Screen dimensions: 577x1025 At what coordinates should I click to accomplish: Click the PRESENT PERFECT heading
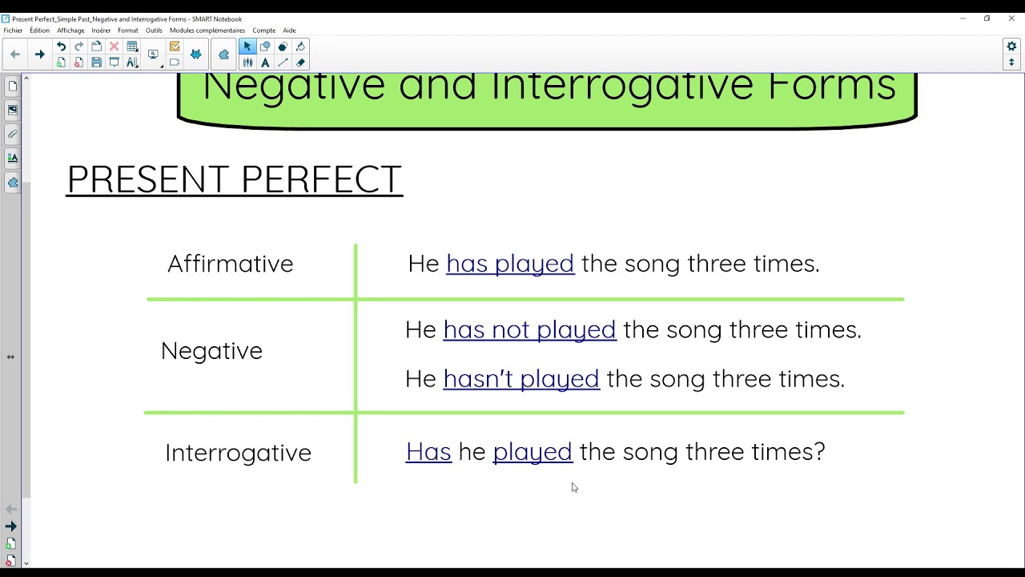234,180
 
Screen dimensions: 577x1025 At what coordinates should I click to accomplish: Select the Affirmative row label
230,264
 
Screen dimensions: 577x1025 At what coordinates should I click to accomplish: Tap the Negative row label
211,350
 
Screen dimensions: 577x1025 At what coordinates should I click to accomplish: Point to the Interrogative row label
238,453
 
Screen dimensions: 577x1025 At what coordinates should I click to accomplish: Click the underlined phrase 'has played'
510,264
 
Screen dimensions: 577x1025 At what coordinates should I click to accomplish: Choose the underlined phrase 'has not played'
529,329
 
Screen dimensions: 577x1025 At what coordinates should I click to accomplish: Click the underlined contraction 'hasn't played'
521,378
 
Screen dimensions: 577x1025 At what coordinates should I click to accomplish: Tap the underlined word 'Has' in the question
428,452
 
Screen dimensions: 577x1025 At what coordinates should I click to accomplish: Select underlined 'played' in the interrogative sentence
533,452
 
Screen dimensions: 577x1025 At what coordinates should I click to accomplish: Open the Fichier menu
14,30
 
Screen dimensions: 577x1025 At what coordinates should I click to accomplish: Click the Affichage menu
70,30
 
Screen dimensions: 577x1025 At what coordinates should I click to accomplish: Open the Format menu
128,30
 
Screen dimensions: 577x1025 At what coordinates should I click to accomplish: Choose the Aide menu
289,30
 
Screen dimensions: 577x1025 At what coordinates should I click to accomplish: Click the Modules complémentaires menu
207,30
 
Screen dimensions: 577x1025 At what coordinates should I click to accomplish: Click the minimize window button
963,18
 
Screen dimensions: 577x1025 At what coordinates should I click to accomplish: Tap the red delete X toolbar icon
114,46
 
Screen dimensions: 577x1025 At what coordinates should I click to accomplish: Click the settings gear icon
1011,46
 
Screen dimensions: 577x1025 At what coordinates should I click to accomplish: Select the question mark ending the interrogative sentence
819,452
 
